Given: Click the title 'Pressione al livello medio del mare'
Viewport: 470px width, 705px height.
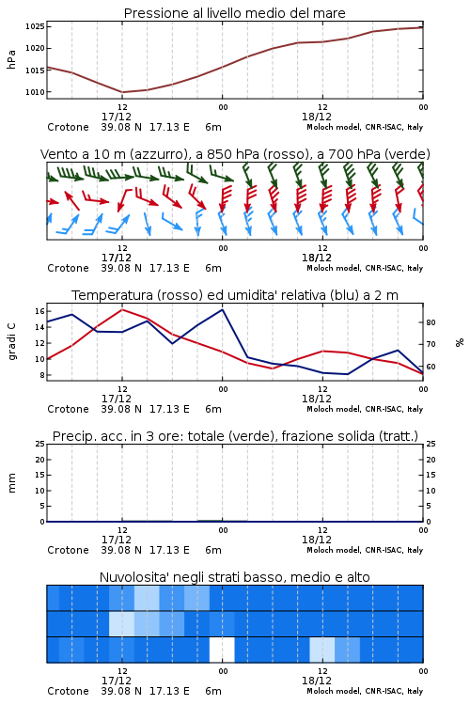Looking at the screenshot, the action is pos(234,13).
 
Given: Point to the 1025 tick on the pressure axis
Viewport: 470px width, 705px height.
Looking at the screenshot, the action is pos(35,26).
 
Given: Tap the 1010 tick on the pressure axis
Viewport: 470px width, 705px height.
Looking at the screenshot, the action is pos(35,92).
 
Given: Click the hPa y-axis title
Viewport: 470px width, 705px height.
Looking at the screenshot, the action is pos(11,59).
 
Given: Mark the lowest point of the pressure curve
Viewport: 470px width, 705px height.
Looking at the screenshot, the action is pos(122,92).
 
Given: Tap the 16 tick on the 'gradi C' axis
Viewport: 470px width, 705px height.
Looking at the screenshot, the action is pos(39,311).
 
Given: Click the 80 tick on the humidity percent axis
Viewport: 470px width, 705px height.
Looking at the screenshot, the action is pos(431,322).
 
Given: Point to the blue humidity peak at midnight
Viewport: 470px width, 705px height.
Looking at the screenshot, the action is pos(222,309).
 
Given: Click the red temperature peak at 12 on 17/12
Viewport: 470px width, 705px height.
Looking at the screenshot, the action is pos(122,309).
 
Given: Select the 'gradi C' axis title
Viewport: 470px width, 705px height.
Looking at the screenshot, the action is pos(11,342).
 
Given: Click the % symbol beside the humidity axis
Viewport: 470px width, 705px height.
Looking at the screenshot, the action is pos(460,342).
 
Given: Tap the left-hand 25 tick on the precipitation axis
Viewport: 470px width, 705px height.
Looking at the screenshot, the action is pos(40,444).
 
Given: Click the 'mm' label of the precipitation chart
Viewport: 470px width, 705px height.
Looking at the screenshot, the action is pos(11,483).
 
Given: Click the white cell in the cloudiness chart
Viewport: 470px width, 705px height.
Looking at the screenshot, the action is pos(222,650).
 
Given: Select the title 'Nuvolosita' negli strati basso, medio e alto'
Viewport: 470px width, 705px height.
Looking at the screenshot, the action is pos(234,577).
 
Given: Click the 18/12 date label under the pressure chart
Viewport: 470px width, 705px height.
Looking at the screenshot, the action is pos(317,117).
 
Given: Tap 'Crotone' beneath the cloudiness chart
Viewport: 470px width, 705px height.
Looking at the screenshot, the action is pos(68,691).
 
